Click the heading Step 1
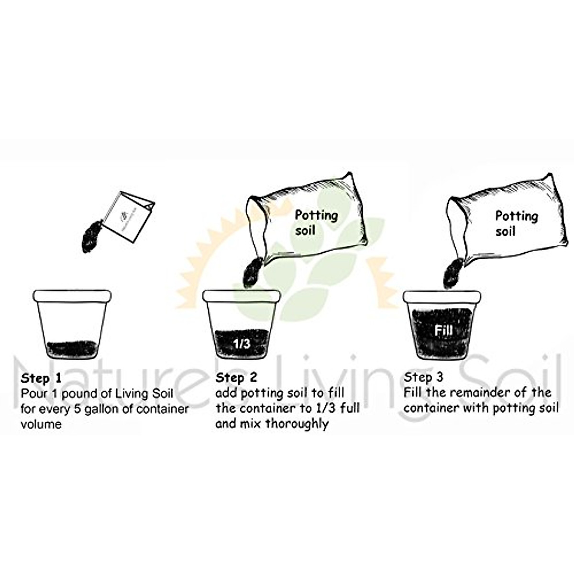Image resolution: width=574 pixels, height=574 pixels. [41, 378]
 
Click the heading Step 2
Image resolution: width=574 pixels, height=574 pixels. [236, 377]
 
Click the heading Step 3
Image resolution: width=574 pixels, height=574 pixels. [424, 377]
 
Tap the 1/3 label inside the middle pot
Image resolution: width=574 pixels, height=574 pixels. [242, 343]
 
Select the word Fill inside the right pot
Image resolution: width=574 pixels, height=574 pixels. [443, 331]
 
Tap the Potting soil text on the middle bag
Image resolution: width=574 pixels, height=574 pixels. [315, 222]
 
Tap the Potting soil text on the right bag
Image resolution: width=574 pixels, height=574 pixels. [516, 223]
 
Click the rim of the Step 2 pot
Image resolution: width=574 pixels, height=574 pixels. [242, 296]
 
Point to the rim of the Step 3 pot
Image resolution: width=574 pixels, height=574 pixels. [442, 296]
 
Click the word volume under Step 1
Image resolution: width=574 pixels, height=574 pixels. [41, 424]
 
